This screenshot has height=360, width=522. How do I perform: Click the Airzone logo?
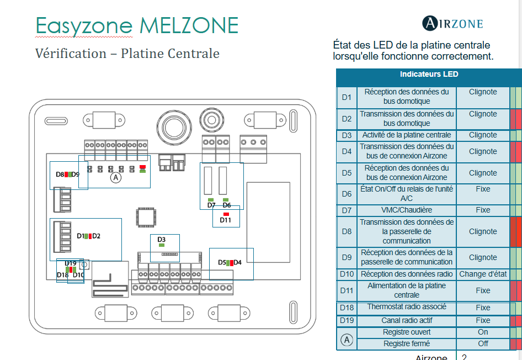coord(452,23)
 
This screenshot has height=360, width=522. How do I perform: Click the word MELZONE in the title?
coord(189,26)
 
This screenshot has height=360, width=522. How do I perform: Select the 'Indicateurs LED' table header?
coord(429,74)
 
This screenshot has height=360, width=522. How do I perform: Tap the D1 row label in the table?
coord(347,97)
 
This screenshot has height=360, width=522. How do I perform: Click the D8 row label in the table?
coord(347,231)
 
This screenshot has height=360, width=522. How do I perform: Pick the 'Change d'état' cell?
coord(483,274)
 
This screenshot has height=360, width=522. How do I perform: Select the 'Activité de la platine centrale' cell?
coord(407,135)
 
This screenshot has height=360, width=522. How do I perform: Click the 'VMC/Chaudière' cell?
coord(407,210)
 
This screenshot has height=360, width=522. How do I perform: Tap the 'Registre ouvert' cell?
coord(407,332)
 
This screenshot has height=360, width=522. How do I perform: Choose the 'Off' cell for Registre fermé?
coord(483,343)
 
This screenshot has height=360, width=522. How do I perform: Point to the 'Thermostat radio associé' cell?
coord(407,307)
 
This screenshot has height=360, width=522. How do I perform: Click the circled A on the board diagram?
coord(115,177)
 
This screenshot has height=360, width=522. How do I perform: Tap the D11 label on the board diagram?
coord(226,220)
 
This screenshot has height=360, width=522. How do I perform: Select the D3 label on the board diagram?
coord(161,239)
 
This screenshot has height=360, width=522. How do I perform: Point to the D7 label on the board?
coord(211,205)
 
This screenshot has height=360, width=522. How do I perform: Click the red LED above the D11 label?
coord(226,214)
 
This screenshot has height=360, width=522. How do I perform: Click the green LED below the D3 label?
coord(161,245)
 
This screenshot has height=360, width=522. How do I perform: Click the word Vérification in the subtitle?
coord(71,54)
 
